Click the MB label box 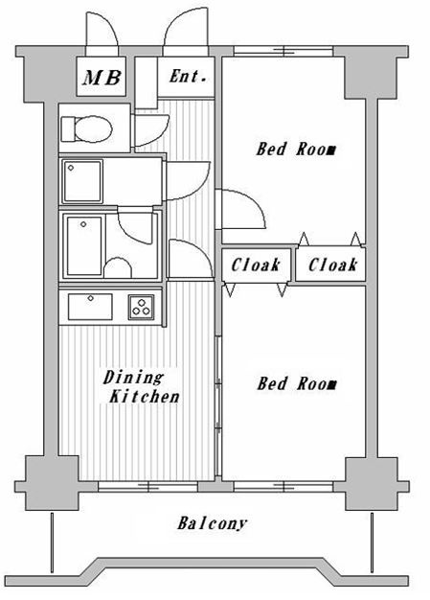(102, 77)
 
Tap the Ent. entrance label (188, 76)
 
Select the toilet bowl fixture (93, 128)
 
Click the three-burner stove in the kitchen (141, 308)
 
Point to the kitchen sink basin (90, 307)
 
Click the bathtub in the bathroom (84, 245)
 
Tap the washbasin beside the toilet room (82, 181)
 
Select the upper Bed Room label (296, 149)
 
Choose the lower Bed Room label (296, 383)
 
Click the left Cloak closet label (256, 265)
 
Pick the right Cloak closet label (332, 265)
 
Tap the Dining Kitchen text (140, 387)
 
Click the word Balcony (213, 523)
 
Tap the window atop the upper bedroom (283, 51)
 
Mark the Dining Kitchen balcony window (147, 487)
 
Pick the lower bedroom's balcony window (283, 487)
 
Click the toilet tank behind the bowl (68, 129)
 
